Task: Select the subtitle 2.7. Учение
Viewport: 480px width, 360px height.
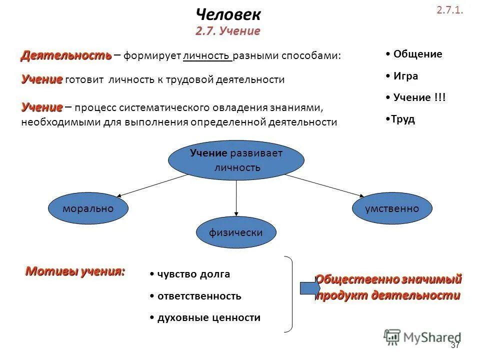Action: (228, 31)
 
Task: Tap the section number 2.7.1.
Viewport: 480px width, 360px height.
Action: (450, 10)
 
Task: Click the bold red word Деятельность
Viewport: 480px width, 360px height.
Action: (65, 55)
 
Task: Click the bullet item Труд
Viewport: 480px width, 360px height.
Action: (403, 120)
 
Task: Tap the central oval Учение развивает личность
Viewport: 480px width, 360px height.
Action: (236, 160)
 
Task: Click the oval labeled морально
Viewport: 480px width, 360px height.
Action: (88, 208)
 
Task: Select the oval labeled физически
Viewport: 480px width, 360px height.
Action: (236, 232)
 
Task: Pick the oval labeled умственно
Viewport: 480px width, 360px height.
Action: (392, 208)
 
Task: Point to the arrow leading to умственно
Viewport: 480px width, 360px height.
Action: (325, 185)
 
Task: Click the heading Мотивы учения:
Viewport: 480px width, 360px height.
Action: (75, 272)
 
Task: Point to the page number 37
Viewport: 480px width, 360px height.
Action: (455, 345)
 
